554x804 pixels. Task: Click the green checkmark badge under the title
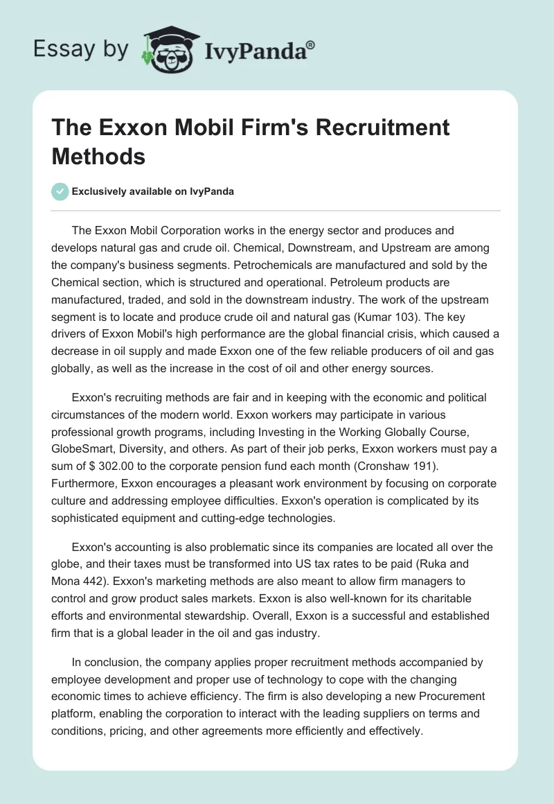[60, 191]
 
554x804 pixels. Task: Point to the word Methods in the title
[98, 157]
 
